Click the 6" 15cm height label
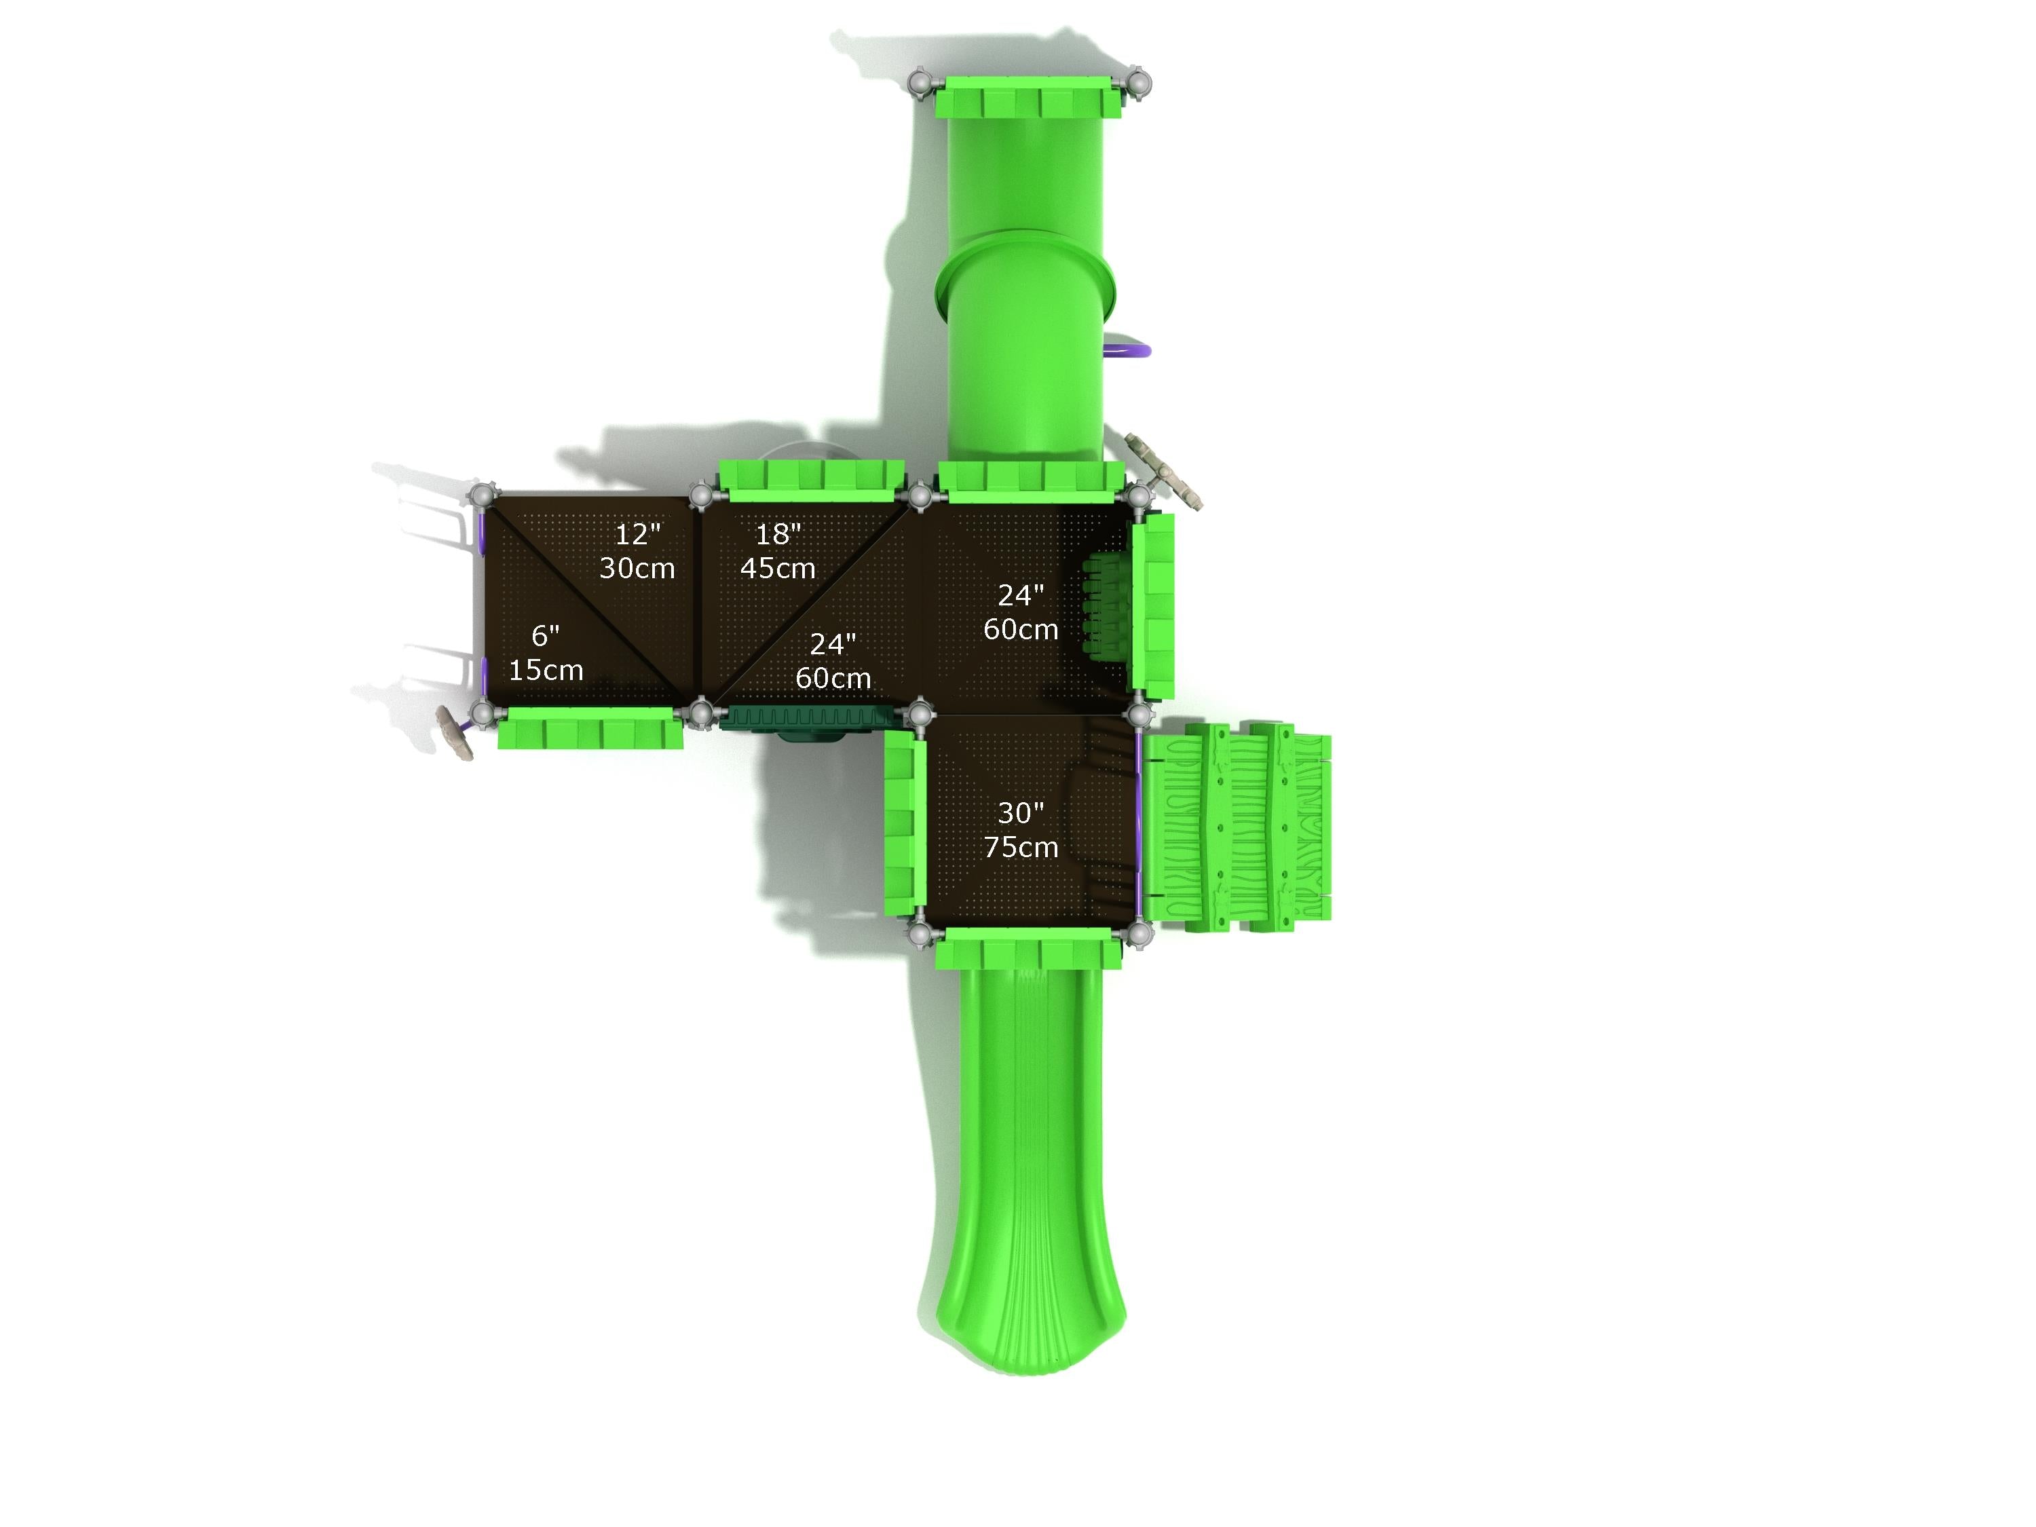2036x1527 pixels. [x=546, y=653]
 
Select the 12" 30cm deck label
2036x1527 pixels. [x=637, y=550]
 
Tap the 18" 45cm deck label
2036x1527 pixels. [x=778, y=550]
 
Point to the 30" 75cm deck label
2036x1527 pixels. [x=1021, y=829]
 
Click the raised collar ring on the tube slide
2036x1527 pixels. [x=1025, y=271]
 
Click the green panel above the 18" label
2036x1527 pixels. [x=810, y=476]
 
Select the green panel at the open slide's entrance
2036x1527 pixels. [x=1028, y=948]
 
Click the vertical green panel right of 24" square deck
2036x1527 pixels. [x=1153, y=605]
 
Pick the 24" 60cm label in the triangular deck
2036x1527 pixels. [x=833, y=661]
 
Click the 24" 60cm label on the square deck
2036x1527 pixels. [x=1021, y=612]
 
